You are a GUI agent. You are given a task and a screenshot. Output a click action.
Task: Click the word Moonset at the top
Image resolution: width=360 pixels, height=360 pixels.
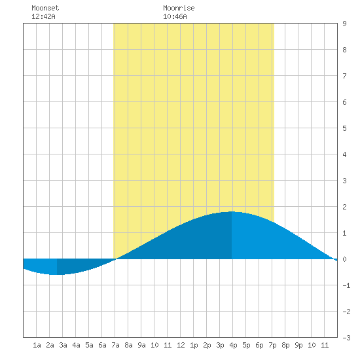(x=45, y=8)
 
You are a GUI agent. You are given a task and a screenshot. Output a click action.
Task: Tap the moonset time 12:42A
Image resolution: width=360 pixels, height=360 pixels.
(x=43, y=16)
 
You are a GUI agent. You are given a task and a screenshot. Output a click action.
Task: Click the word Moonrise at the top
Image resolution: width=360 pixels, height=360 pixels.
(x=179, y=8)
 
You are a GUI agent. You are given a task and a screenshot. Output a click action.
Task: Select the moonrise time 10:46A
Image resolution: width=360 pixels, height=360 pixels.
(x=175, y=16)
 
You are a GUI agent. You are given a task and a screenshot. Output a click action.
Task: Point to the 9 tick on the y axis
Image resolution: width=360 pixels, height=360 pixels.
(x=344, y=24)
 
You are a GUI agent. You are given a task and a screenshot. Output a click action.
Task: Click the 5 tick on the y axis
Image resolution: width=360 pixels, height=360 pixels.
(x=344, y=128)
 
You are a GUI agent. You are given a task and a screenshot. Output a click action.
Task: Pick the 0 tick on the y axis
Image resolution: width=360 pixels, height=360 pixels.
(x=344, y=259)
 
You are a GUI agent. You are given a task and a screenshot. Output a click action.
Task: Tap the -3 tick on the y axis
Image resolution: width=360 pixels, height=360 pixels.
(x=346, y=338)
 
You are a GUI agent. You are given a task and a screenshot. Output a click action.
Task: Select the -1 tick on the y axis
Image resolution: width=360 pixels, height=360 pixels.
(x=346, y=285)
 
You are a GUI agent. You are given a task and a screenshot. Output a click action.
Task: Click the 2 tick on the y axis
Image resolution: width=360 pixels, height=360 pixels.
(x=344, y=207)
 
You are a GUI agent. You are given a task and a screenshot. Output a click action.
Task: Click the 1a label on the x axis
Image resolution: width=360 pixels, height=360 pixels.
(x=37, y=345)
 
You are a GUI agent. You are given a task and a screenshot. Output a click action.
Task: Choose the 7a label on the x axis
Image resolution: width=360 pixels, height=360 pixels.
(x=115, y=345)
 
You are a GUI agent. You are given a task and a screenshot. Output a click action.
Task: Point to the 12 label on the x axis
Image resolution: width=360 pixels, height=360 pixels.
(x=181, y=345)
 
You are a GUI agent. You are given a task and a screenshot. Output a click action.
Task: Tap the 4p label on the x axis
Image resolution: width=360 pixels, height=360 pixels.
(x=233, y=345)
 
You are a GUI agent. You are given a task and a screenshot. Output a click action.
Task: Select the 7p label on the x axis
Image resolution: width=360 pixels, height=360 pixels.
(x=272, y=345)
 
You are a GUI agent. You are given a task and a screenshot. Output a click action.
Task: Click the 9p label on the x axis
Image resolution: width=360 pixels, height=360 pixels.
(x=298, y=345)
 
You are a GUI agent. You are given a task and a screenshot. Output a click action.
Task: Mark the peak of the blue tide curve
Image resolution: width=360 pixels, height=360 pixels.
(x=232, y=211)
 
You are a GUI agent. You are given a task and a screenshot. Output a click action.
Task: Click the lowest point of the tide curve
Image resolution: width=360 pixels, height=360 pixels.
(x=57, y=275)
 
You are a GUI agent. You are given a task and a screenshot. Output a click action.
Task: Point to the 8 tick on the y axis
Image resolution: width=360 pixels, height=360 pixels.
(x=344, y=50)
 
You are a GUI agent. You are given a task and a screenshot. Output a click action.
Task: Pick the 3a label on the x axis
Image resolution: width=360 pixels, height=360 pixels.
(x=63, y=345)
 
